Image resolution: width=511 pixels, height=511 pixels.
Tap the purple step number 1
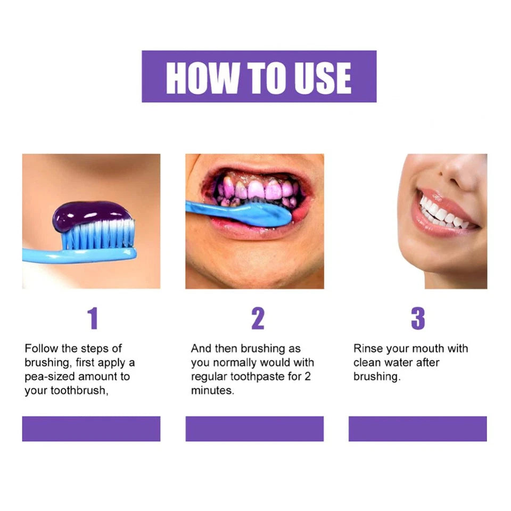pyautogui.click(x=93, y=318)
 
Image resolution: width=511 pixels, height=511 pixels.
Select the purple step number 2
pyautogui.click(x=258, y=318)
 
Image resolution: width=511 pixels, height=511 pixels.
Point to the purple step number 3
pyautogui.click(x=418, y=318)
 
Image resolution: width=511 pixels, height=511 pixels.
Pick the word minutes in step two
pyautogui.click(x=212, y=391)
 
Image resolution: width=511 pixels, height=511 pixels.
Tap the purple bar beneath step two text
pyautogui.click(x=254, y=428)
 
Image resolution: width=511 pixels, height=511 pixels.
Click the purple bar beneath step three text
pyautogui.click(x=417, y=428)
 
